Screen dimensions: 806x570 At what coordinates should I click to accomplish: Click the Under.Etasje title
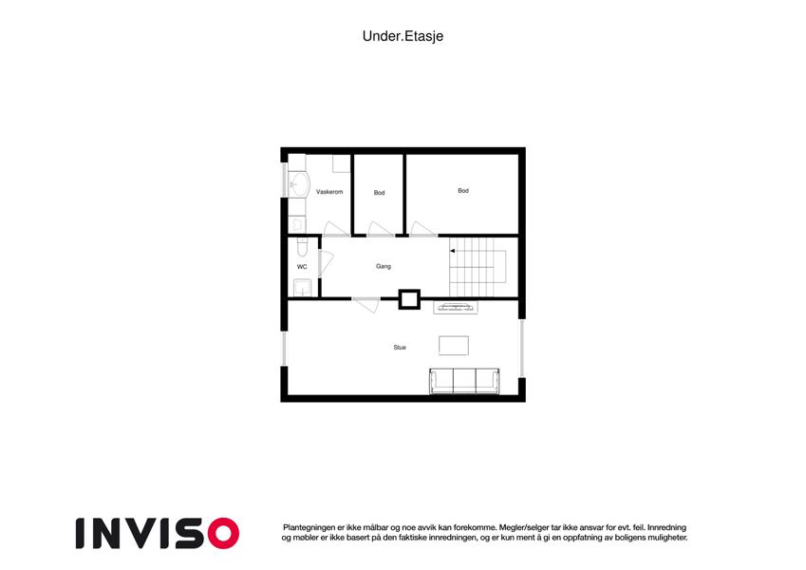pos(403,36)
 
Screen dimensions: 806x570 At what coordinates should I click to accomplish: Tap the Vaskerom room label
pos(329,192)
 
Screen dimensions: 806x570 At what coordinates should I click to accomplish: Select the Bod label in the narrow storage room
pos(380,193)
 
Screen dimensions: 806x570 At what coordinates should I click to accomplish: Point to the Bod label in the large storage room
pos(463,191)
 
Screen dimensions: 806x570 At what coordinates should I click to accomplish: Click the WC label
pos(302,267)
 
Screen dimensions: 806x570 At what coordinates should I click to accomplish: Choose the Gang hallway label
pos(384,267)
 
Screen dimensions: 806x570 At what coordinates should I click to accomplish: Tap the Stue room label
pos(400,348)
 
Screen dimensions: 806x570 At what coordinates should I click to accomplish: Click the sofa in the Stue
pos(464,381)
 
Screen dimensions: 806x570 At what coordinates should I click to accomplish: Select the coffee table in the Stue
pos(454,345)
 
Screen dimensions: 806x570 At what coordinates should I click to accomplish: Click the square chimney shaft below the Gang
pos(410,299)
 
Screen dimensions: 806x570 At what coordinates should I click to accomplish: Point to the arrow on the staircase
pos(453,251)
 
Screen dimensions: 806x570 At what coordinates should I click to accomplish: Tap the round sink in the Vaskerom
pos(299,183)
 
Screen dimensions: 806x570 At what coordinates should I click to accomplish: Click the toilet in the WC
pos(302,247)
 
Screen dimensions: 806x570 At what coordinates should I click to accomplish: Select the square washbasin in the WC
pos(302,288)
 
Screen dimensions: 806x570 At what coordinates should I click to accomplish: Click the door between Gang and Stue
pos(366,304)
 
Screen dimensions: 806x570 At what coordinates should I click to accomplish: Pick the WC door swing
pos(326,263)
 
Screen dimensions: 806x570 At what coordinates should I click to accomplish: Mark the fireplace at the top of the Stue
pos(456,308)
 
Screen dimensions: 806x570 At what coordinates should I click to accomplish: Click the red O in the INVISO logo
pos(224,533)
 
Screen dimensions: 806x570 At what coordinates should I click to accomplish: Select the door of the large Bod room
pos(423,230)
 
